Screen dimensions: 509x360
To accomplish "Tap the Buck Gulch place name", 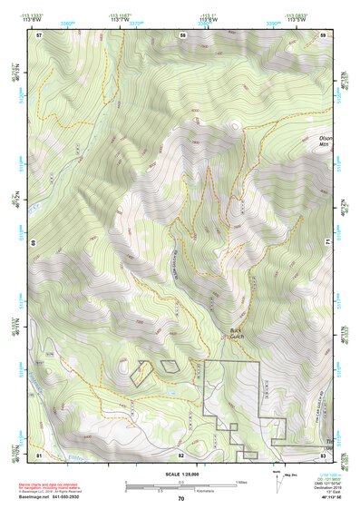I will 238,334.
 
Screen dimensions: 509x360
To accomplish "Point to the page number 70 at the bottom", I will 180,499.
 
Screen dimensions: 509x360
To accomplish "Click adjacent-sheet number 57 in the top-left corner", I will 39,34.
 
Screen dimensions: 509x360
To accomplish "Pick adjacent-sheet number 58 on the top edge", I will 182,34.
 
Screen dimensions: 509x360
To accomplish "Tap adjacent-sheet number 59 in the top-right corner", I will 323,34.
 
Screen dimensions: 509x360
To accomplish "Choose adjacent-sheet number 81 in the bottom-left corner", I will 39,454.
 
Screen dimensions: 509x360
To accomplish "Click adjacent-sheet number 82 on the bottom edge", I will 181,454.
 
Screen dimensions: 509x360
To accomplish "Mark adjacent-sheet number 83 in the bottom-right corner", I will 323,454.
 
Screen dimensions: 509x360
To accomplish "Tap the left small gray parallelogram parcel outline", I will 141,373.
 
